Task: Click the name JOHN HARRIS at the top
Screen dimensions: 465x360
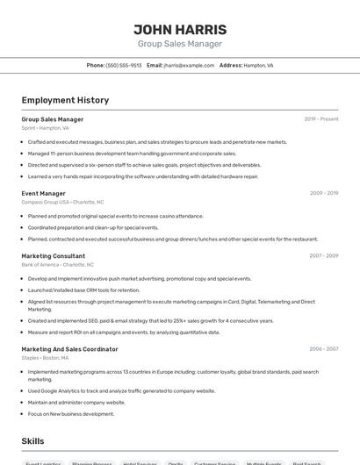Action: click(x=180, y=29)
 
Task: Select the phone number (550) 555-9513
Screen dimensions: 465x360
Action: click(x=124, y=65)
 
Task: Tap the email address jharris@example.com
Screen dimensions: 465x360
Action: click(x=188, y=65)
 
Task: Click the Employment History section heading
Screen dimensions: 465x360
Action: click(x=65, y=100)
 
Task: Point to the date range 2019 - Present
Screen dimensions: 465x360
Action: click(x=320, y=119)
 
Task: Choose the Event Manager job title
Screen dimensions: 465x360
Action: click(x=43, y=193)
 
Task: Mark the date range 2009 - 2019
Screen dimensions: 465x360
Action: click(x=323, y=193)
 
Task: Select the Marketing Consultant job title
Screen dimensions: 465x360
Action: click(x=54, y=256)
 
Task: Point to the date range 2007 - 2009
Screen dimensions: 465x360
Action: click(x=323, y=256)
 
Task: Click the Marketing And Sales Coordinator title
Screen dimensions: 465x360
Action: click(x=69, y=348)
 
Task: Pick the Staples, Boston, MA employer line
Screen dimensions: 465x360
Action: click(x=45, y=357)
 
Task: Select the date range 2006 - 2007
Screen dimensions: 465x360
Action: click(x=323, y=348)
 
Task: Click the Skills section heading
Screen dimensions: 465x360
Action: click(x=32, y=441)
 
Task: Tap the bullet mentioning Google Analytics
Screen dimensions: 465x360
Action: click(x=121, y=391)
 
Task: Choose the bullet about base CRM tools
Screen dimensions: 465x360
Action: click(x=83, y=290)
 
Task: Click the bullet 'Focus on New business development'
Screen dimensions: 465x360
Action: click(x=71, y=413)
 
